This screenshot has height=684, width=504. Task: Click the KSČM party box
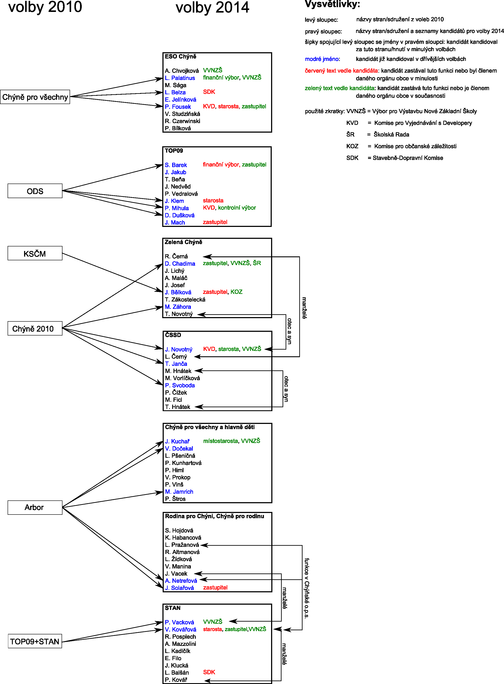(35, 253)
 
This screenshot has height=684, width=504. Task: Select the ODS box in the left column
(35, 191)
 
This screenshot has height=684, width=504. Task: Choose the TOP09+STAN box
(35, 641)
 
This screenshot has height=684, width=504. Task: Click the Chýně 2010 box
(35, 329)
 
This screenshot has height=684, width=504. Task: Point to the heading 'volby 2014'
(212, 8)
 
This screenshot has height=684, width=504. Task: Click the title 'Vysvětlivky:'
(332, 4)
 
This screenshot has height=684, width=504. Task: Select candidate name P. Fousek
(178, 107)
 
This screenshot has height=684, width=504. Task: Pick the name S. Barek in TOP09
(176, 165)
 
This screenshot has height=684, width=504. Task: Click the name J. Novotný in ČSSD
(179, 349)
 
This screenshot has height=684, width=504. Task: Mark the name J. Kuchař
(177, 441)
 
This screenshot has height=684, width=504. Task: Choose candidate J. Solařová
(179, 588)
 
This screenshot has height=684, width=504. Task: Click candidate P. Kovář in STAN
(176, 680)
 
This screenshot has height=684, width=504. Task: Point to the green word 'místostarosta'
(221, 441)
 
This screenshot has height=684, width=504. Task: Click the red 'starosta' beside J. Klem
(213, 200)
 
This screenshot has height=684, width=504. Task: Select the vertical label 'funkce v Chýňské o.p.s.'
(307, 588)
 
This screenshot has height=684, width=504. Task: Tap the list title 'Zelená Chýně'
(183, 242)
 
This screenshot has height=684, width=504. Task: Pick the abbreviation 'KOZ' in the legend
(352, 146)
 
